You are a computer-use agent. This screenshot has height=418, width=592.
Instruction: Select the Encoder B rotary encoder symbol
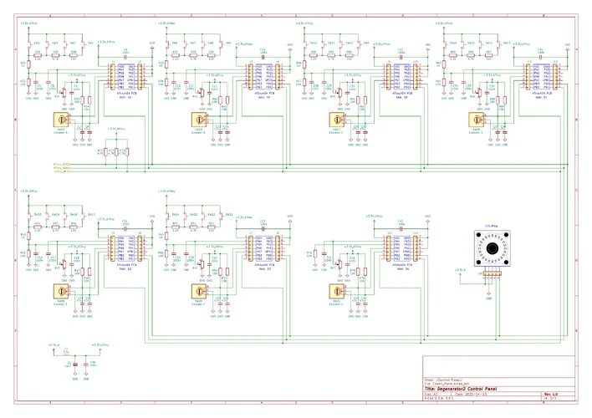coord(199,119)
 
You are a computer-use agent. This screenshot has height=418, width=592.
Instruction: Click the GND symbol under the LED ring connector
coord(487,287)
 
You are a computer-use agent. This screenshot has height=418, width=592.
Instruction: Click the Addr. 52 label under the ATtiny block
coord(125,270)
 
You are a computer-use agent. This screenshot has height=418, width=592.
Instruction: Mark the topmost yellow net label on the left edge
coord(61,163)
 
